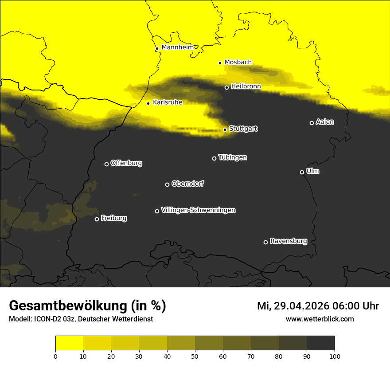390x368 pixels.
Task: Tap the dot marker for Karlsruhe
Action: tap(148, 103)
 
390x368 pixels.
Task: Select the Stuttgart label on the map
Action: tap(243, 129)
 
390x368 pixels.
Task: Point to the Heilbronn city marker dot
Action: tap(226, 87)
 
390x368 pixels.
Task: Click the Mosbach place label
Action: tap(238, 63)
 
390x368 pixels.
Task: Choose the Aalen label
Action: tap(325, 122)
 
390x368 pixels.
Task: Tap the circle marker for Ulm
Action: tap(302, 172)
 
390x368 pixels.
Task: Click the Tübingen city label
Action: tap(233, 157)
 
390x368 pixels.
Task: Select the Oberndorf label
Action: tap(187, 184)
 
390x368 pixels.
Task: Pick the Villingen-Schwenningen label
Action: tap(198, 210)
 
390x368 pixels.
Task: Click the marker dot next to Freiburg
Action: tap(97, 219)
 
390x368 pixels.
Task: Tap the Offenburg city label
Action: tap(126, 163)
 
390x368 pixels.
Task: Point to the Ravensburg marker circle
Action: tap(265, 242)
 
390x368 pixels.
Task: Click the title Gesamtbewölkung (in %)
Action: tap(87, 306)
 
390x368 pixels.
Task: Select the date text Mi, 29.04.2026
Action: tap(295, 306)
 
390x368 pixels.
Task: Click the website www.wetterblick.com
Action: tap(320, 319)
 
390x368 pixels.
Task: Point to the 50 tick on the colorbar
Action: tap(195, 356)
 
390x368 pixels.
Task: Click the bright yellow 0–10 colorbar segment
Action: tap(69, 343)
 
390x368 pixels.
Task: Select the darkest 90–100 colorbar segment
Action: tap(320, 343)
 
